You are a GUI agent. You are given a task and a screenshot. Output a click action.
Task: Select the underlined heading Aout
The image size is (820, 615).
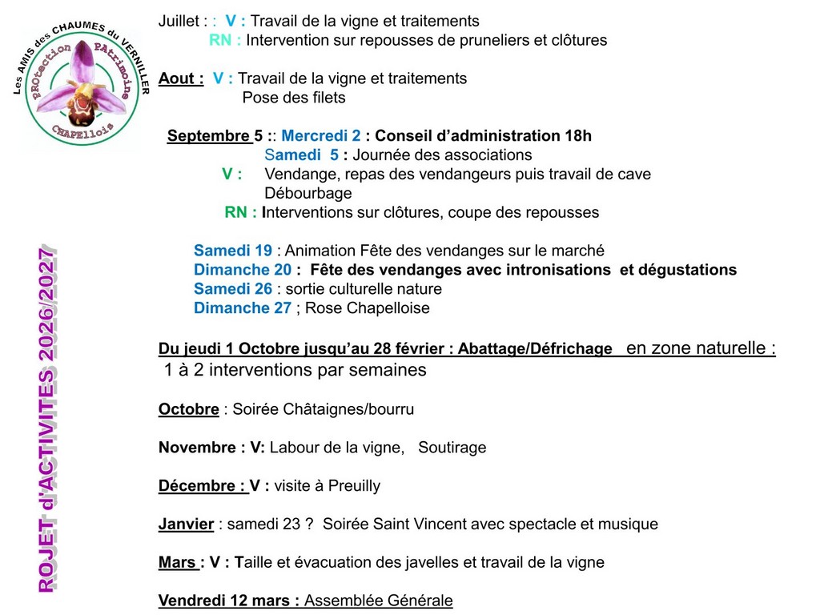coord(177,78)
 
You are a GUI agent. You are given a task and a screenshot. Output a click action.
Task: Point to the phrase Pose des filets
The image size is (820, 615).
coord(293,98)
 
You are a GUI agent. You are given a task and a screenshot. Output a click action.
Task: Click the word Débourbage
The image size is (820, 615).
coord(307,194)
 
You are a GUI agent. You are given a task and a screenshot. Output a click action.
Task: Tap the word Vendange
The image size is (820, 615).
coord(297,175)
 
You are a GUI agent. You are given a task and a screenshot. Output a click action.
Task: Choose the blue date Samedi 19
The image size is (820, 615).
coord(232,251)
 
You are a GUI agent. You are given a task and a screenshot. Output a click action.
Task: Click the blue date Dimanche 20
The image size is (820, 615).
coord(242,270)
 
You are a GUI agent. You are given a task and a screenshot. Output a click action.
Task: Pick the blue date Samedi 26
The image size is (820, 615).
coord(232,289)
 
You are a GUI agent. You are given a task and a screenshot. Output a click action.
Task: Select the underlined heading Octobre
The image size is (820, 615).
coord(188,409)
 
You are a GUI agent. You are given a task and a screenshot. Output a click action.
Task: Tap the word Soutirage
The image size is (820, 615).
coord(452,448)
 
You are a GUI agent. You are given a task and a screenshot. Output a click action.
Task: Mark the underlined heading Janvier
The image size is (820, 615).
coord(186,525)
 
